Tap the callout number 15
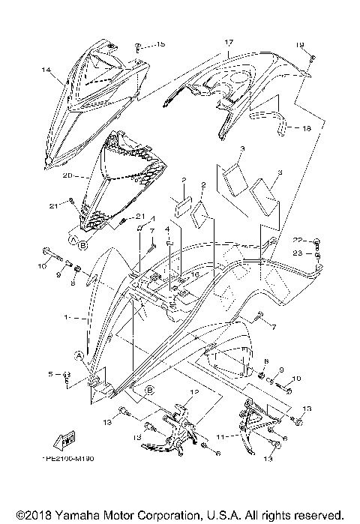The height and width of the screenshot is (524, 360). [x=160, y=45]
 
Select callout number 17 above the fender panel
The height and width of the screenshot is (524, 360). [x=229, y=43]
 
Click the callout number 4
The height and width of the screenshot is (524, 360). [x=168, y=229]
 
